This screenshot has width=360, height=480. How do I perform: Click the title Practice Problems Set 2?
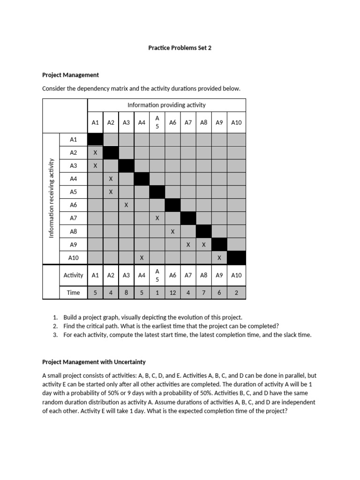[180, 48]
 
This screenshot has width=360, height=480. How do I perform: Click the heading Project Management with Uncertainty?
[94, 362]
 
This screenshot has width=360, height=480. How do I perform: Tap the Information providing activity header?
[166, 105]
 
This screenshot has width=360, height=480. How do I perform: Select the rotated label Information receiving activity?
[52, 198]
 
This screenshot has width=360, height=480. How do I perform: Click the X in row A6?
[126, 205]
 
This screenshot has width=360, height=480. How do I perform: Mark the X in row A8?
[172, 231]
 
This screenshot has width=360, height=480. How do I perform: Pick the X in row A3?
[95, 165]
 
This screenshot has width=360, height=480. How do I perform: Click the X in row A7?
[157, 218]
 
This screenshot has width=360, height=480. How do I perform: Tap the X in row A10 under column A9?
[219, 257]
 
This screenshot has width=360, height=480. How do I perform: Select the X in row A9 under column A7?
[188, 244]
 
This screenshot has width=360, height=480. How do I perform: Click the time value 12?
[172, 292]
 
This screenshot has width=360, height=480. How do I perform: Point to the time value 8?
[126, 292]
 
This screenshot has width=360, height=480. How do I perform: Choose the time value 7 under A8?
[203, 292]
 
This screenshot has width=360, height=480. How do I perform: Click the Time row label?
[74, 292]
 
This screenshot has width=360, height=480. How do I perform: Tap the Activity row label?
[74, 275]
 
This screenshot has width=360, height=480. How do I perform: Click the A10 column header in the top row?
[236, 122]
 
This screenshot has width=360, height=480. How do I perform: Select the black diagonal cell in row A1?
[95, 139]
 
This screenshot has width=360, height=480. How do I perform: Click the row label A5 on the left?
[74, 192]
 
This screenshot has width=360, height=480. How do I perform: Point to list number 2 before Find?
[55, 326]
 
